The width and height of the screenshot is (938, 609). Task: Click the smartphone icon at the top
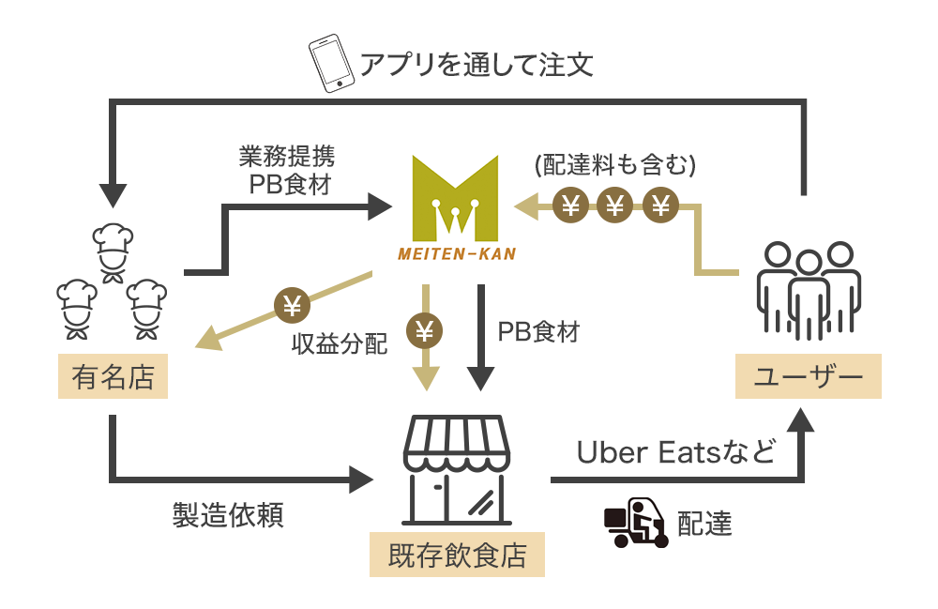(330, 64)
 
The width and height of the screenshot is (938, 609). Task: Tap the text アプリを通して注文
(477, 65)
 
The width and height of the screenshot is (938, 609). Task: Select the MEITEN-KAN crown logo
(456, 197)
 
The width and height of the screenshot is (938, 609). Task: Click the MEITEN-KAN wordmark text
(456, 253)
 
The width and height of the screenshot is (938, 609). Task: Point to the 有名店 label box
(113, 377)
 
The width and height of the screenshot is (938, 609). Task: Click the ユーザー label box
(808, 377)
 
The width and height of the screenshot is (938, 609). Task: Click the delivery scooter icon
(635, 523)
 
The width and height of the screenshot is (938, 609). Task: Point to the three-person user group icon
(808, 291)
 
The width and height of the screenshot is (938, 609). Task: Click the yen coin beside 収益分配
(291, 305)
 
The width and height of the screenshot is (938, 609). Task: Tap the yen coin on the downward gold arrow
(425, 330)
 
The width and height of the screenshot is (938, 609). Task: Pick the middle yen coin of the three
(615, 204)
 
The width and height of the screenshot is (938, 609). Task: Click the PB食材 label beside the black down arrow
(538, 331)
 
